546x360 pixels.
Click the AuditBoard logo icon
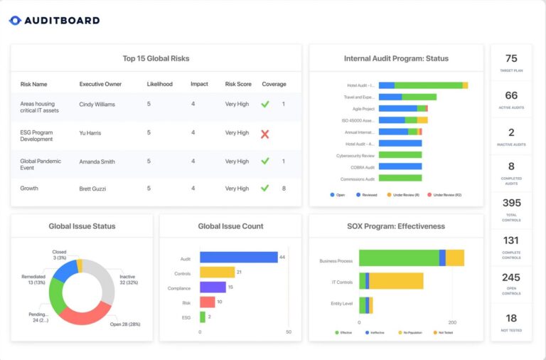[x=16, y=21]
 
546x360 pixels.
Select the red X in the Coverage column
[x=265, y=133]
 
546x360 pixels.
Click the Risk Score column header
[x=238, y=84]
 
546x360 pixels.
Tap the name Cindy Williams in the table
[x=97, y=104]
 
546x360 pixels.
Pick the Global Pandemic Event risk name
[x=41, y=164]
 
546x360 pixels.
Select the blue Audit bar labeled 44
[x=238, y=257]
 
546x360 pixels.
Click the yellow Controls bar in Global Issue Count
[x=217, y=272]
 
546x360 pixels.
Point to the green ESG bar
[x=203, y=317]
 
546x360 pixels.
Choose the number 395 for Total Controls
[x=511, y=203]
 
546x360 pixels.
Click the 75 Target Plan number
[x=511, y=59]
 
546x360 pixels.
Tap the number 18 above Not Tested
[x=511, y=318]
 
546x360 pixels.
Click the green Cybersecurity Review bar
[x=400, y=154]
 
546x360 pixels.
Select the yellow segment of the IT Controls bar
[x=396, y=281]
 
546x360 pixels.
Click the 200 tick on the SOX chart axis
[x=452, y=322]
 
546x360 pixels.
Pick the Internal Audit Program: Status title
[x=395, y=58]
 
